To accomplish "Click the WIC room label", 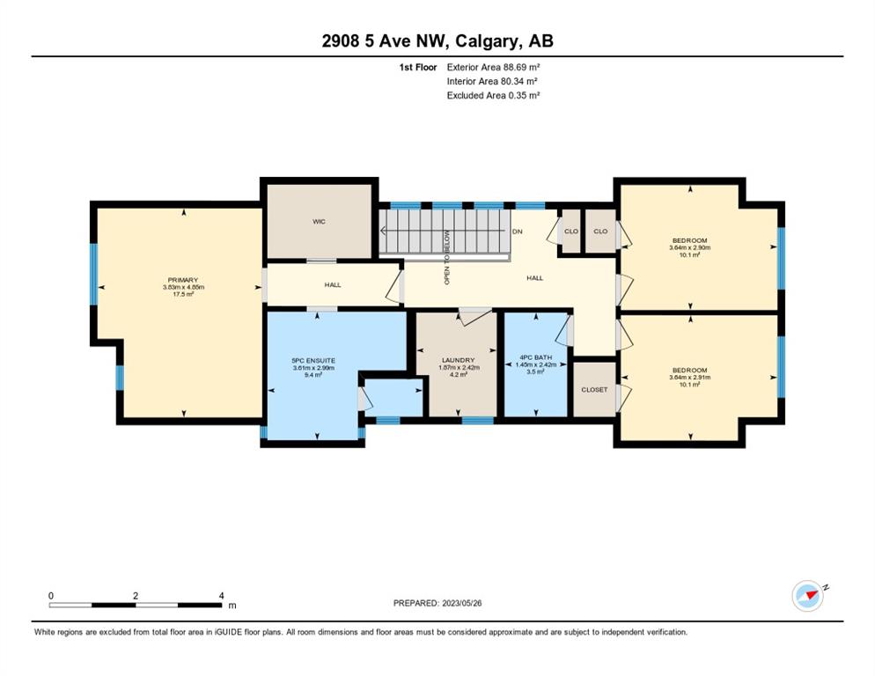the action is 319,222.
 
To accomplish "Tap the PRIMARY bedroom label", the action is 183,280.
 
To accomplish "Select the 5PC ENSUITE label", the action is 313,361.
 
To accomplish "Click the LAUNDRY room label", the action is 458,361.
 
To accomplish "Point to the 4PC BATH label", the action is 535,357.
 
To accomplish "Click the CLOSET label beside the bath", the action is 594,390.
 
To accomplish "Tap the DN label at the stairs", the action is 518,231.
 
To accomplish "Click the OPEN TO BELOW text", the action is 446,258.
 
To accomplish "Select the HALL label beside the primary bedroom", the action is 333,284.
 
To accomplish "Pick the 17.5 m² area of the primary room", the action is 183,294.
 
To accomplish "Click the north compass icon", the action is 809,596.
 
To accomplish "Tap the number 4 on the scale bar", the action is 222,596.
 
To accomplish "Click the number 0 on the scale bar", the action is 51,596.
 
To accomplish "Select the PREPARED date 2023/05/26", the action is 462,603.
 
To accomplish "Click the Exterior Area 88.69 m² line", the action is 493,67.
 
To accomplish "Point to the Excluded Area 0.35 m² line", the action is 493,95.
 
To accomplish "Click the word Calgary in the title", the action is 487,40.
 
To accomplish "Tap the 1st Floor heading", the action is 418,67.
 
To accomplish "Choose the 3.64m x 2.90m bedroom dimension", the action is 690,248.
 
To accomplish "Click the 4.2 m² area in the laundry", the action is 458,375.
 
